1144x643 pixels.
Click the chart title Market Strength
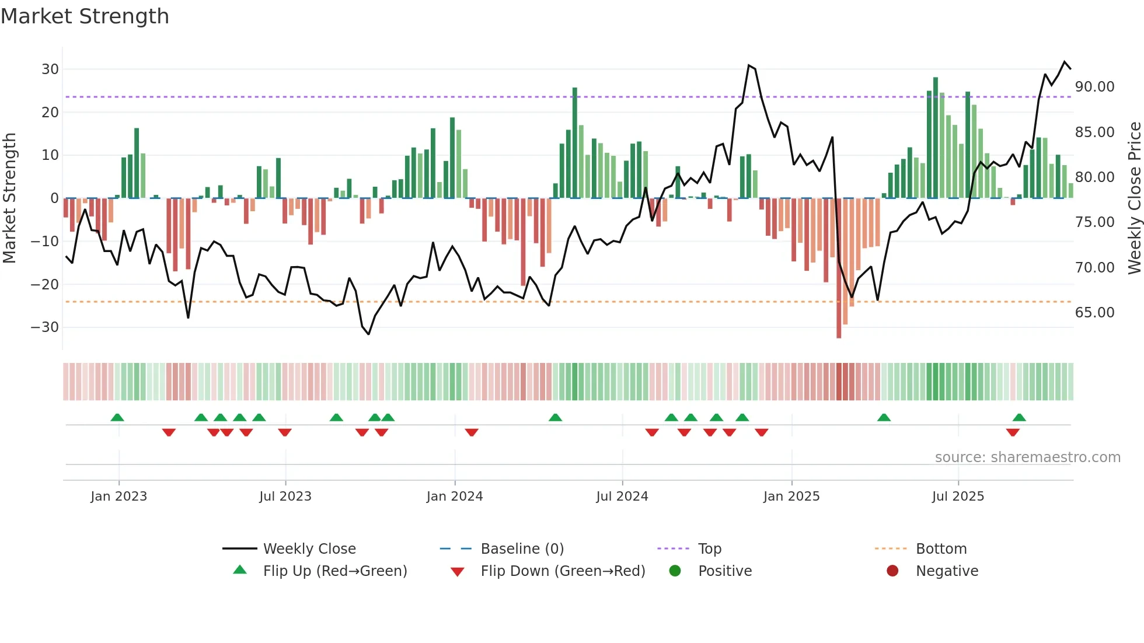[85, 16]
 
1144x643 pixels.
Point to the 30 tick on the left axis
[50, 69]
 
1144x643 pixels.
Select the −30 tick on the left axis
[45, 327]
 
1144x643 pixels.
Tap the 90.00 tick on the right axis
[1094, 87]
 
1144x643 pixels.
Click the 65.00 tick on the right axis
[1094, 313]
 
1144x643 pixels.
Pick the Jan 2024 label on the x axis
[455, 497]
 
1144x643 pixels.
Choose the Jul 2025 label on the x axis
[958, 497]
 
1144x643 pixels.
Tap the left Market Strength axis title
[9, 198]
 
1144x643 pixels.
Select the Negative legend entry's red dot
[892, 571]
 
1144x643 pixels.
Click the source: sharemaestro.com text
[1027, 457]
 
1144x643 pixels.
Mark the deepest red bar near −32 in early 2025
[839, 268]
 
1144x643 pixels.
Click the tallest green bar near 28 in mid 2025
[936, 138]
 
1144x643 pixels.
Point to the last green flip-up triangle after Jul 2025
[1019, 418]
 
